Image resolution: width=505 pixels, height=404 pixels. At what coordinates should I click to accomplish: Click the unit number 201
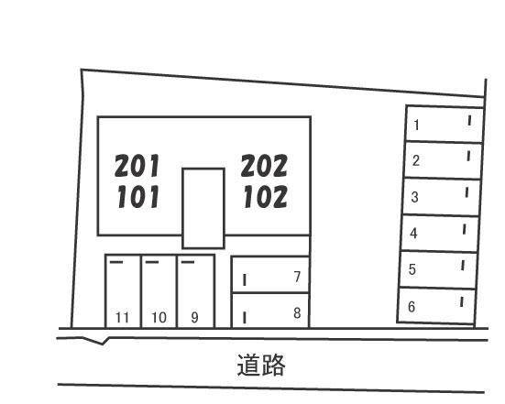pos(137,166)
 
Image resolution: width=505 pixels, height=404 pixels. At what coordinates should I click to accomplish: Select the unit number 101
pos(138,196)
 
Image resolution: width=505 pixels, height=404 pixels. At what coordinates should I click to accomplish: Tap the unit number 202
pos(264,166)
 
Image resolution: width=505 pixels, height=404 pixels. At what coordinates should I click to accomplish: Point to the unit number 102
pos(266,196)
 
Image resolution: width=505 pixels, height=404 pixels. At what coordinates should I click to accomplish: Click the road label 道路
pos(261,365)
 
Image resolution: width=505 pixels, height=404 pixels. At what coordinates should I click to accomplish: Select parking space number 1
pos(416,125)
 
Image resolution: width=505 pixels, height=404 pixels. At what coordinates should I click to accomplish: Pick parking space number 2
pos(416,160)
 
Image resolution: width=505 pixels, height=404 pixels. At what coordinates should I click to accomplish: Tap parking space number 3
pos(415,197)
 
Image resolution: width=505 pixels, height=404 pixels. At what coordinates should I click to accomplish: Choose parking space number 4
pos(414,234)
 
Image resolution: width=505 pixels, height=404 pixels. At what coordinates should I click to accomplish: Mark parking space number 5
pos(412,269)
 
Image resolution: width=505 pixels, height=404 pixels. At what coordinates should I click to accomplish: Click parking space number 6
pos(412,307)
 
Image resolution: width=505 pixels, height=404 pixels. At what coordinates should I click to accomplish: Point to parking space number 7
pos(297,277)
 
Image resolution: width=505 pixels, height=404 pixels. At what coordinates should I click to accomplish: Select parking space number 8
pos(297,313)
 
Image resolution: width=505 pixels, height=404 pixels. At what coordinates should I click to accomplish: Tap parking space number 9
pos(194,318)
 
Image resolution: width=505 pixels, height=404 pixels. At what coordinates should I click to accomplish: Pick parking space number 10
pos(159,318)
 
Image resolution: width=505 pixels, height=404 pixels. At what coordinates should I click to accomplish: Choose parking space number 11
pos(122,318)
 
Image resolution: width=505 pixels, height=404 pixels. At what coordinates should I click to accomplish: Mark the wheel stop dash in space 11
pos(116,262)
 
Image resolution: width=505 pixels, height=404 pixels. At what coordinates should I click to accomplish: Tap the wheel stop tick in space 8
pos(245,317)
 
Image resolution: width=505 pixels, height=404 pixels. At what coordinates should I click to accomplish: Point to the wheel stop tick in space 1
pos(469,121)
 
